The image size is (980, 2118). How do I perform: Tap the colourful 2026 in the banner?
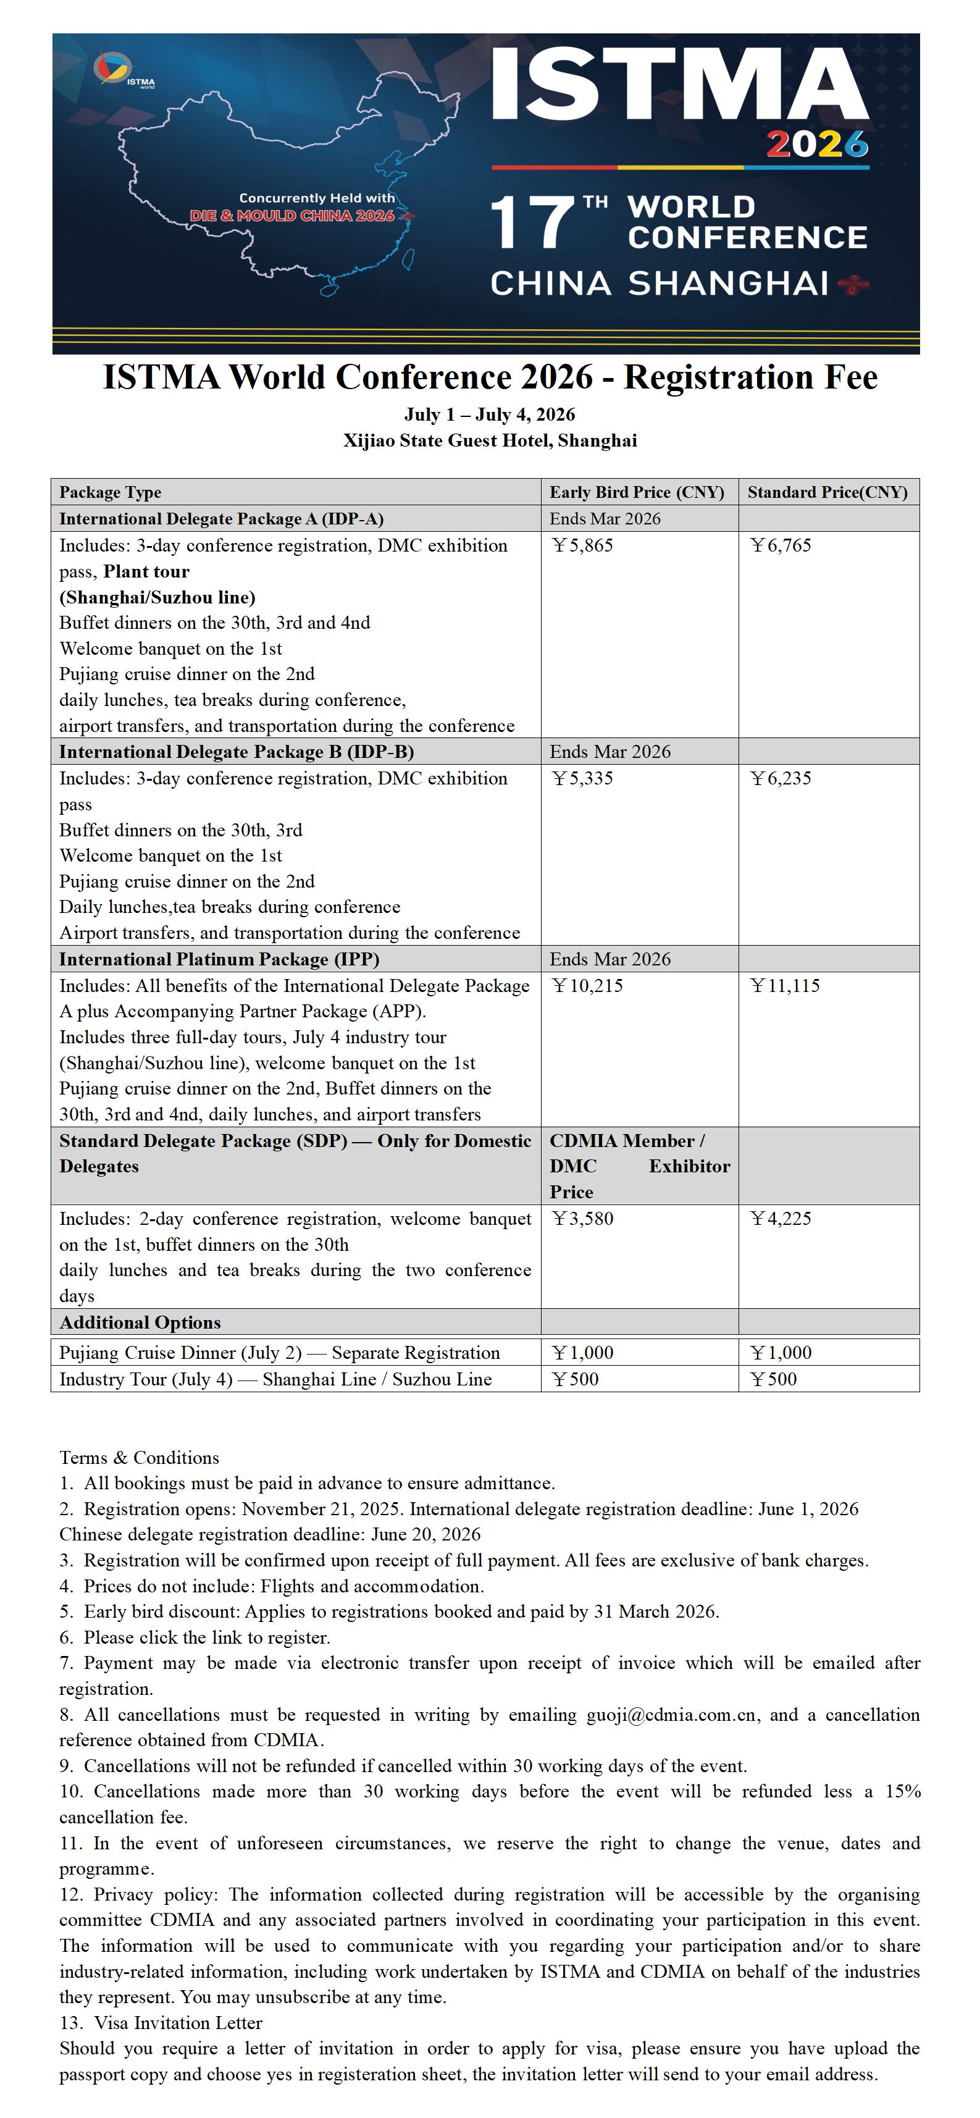point(816,145)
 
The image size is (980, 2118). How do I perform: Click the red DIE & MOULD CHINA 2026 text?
point(292,216)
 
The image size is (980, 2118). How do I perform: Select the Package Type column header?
point(110,492)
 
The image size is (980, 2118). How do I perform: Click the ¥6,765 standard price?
point(780,545)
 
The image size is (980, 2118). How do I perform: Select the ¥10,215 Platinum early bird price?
point(587,985)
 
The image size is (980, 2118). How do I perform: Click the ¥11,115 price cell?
point(785,985)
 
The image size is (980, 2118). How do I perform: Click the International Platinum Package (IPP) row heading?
point(219,959)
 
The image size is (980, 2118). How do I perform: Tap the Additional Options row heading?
point(140,1322)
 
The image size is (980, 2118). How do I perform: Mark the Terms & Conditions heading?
point(139,1458)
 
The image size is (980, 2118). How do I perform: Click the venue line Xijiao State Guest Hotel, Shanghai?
point(490,440)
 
